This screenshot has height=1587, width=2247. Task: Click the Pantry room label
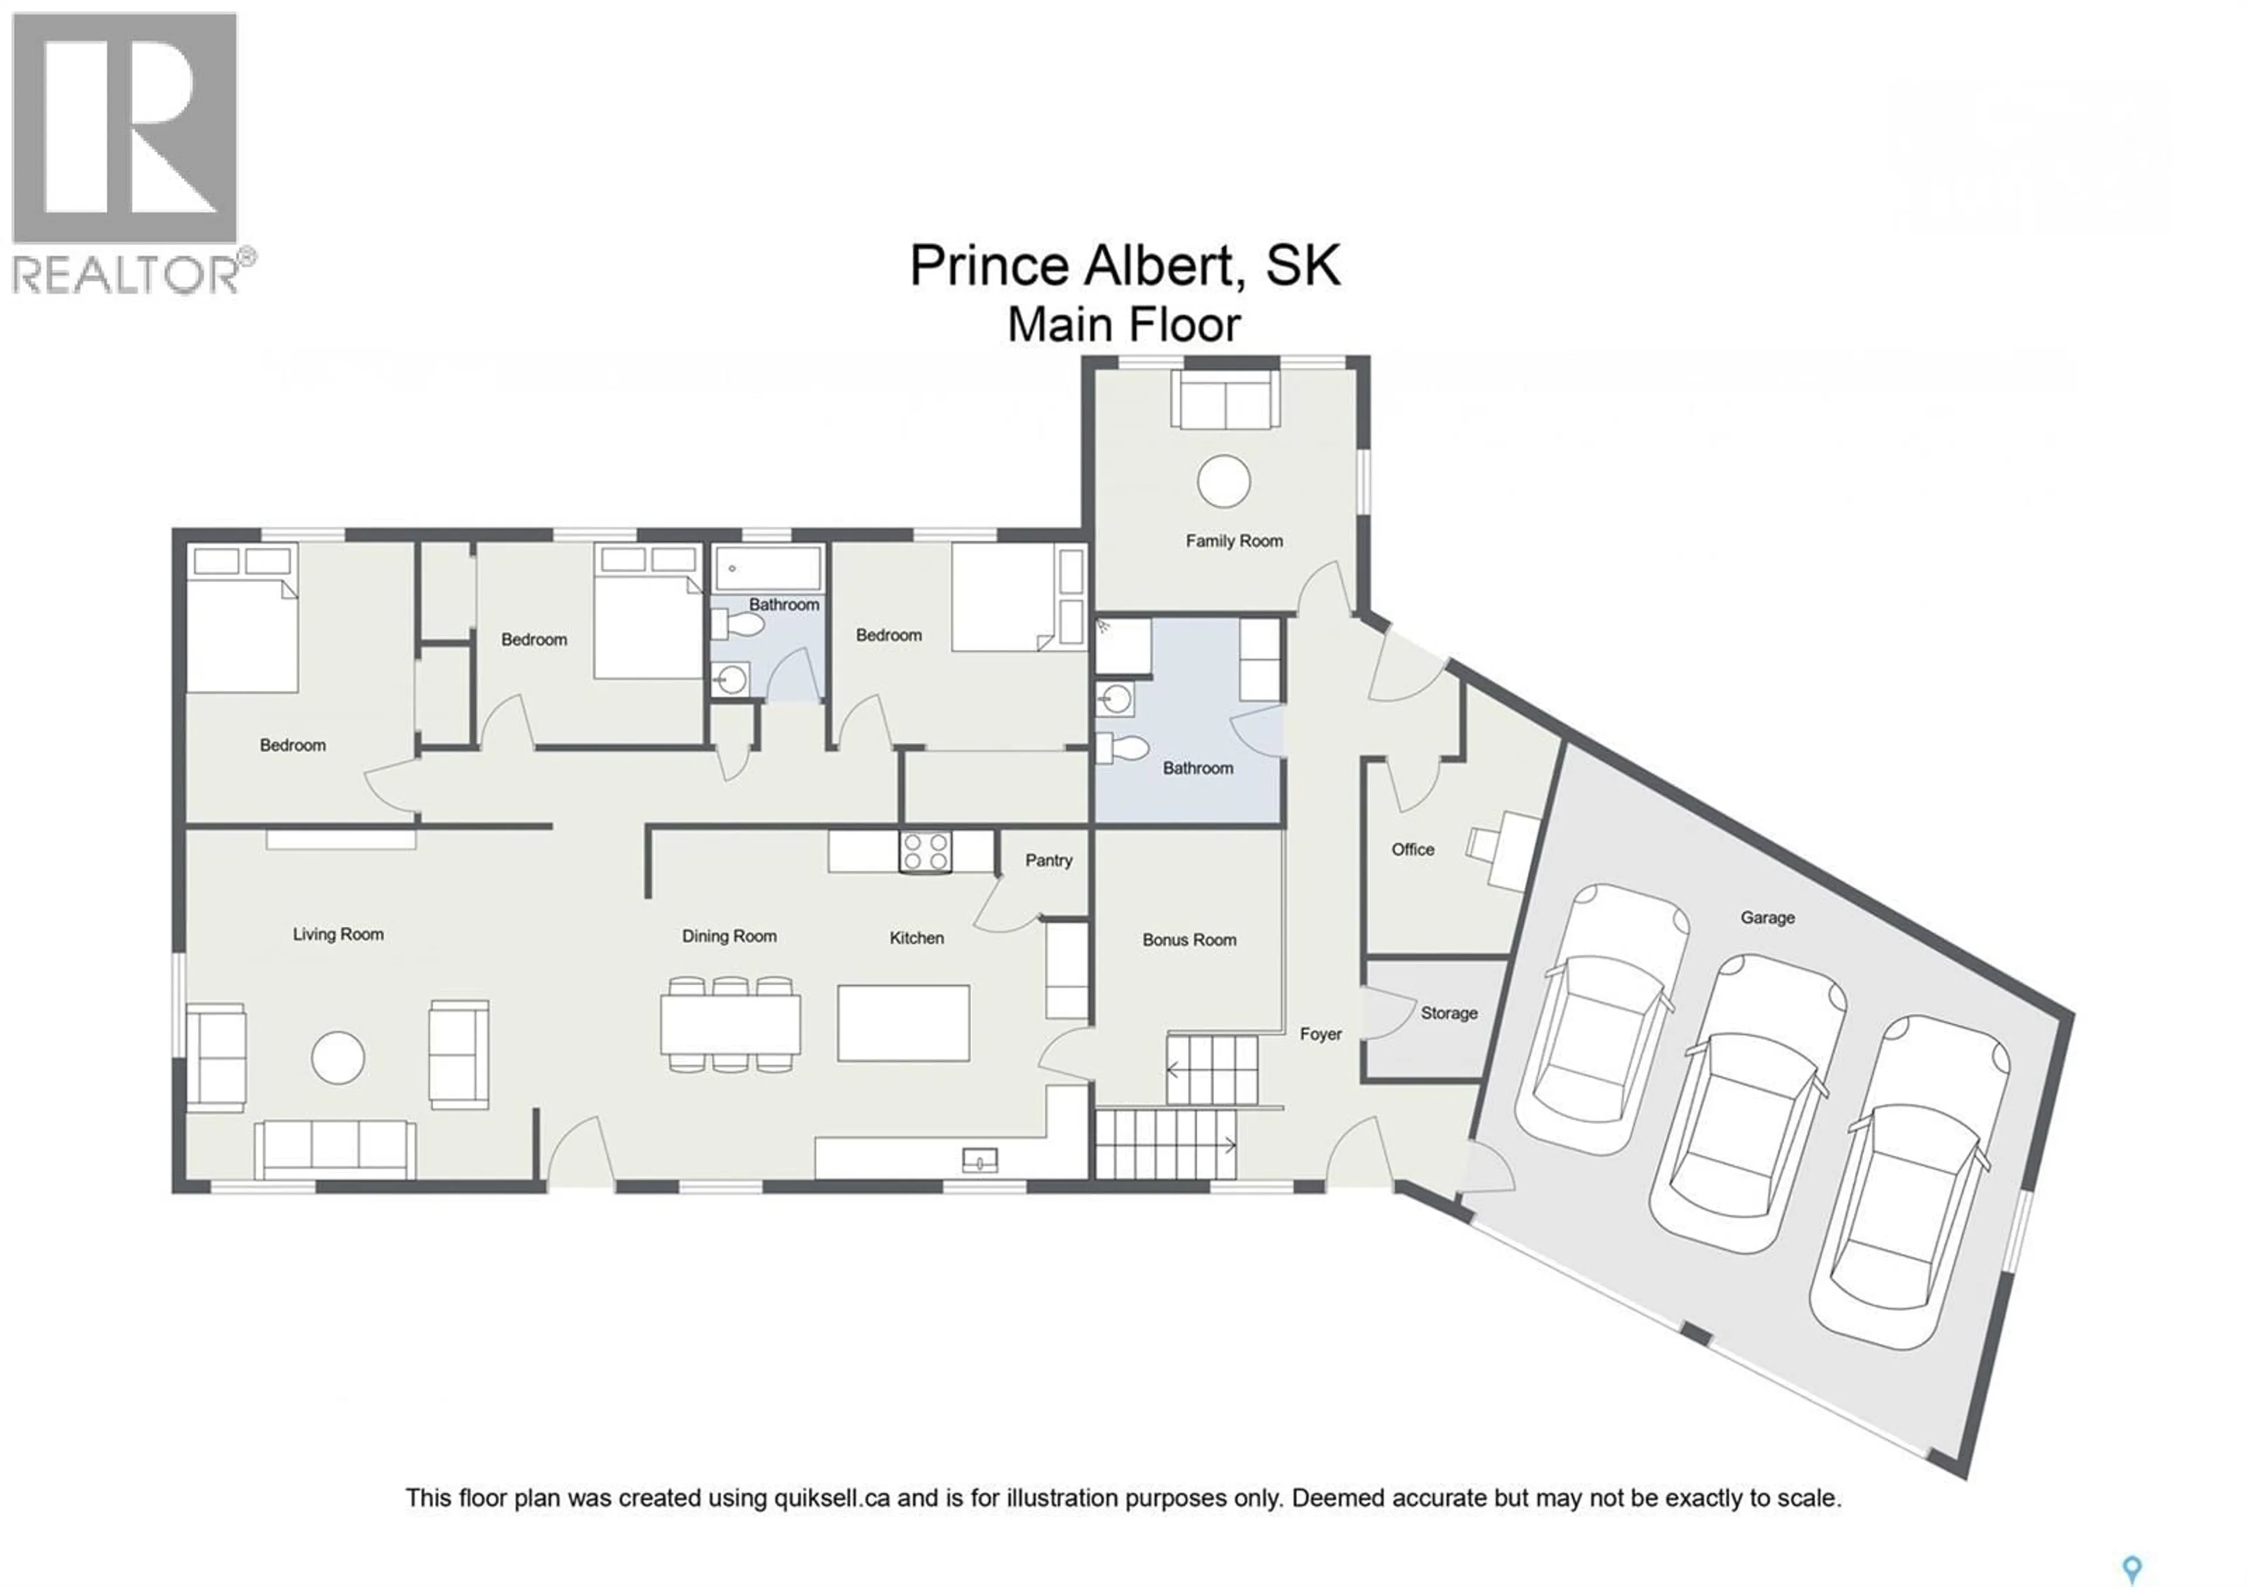coord(1048,860)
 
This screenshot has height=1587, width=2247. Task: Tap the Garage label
coord(1767,918)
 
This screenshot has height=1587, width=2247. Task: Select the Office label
coord(1412,849)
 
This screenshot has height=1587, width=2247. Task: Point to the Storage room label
coord(1448,1014)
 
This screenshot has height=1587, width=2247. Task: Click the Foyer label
coord(1320,1034)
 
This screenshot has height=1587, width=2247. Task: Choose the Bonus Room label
coord(1189,939)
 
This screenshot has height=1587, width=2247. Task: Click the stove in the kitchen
coord(925,851)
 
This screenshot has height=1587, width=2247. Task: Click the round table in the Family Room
coord(1224,482)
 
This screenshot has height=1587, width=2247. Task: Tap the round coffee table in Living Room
coord(338,1057)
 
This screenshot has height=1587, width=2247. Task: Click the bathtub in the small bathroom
coord(768,568)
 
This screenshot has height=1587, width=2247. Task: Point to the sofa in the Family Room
coord(1226,400)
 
